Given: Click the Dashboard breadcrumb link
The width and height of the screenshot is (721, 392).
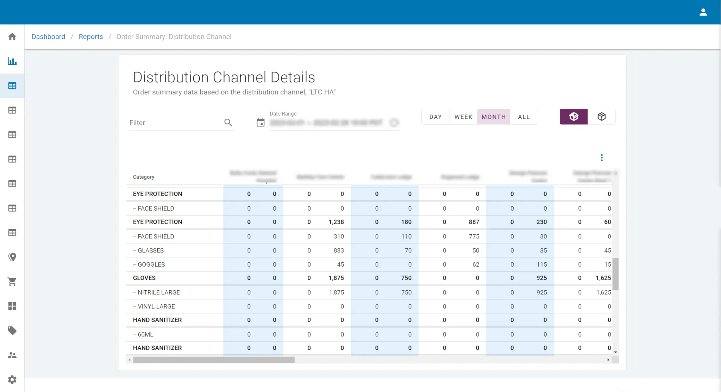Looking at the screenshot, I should (x=48, y=37).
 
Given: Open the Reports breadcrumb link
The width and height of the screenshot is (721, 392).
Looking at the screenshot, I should (x=91, y=37).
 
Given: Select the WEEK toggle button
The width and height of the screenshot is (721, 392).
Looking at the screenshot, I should (x=463, y=117).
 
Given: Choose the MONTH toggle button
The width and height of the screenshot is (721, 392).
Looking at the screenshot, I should (x=493, y=117).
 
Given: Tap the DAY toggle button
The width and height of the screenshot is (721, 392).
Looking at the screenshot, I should (x=435, y=117).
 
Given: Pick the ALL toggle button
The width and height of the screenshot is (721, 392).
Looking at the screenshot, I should (x=523, y=117).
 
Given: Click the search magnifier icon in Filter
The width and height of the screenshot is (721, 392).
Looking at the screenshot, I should (x=228, y=123).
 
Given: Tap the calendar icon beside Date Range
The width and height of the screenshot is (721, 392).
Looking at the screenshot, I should (x=261, y=123).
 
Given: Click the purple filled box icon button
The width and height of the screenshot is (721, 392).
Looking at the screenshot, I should (x=573, y=117).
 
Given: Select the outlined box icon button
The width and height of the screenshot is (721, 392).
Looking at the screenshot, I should (x=601, y=117).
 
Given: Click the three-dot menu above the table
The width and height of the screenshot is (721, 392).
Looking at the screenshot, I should (x=602, y=157).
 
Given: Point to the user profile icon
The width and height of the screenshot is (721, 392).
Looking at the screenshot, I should (x=703, y=12).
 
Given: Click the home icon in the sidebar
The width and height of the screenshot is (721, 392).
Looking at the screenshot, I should (x=12, y=37).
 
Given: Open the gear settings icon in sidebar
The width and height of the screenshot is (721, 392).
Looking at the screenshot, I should (x=12, y=379).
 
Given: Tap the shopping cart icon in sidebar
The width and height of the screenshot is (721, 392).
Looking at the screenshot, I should (x=12, y=282).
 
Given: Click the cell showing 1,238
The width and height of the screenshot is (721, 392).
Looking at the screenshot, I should (x=336, y=222).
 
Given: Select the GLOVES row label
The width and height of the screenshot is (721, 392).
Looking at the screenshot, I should (x=144, y=278).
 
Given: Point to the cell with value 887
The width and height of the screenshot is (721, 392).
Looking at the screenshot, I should (x=474, y=222).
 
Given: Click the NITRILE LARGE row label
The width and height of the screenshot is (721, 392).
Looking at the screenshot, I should (x=157, y=292).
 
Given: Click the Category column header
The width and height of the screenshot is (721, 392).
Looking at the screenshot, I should (x=143, y=177).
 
